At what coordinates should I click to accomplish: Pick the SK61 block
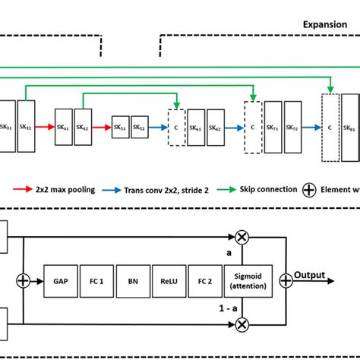click(x=195, y=128)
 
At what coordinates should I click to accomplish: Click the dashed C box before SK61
click(x=176, y=128)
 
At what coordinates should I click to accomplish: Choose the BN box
click(x=131, y=279)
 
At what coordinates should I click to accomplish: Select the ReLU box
click(x=168, y=279)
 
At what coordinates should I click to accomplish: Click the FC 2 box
click(x=204, y=279)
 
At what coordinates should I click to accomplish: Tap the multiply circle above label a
click(x=242, y=238)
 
